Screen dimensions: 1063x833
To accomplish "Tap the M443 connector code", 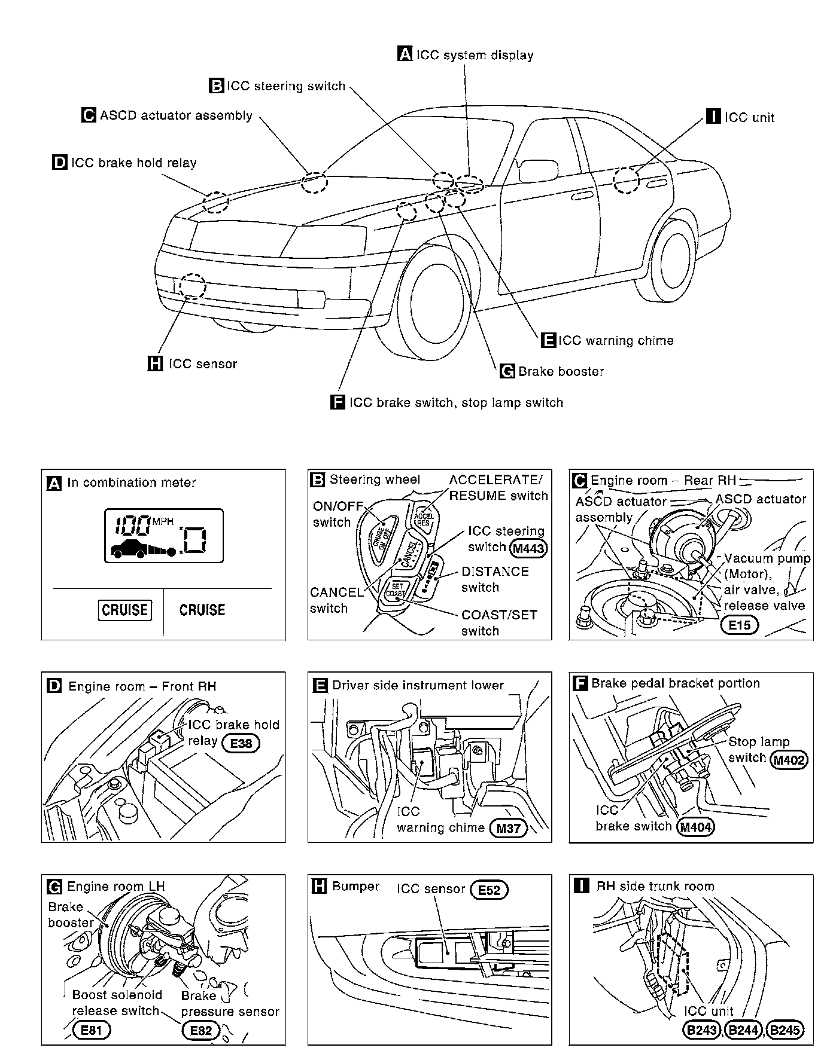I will pyautogui.click(x=530, y=548).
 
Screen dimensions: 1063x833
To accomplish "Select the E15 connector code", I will pyautogui.click(x=739, y=625).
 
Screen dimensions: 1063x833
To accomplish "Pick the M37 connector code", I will pyautogui.click(x=508, y=828).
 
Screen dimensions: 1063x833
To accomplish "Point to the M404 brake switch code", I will pyautogui.click(x=696, y=827).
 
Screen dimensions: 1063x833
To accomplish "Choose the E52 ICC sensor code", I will pyautogui.click(x=489, y=890).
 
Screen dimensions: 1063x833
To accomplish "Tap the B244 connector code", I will pyautogui.click(x=743, y=1030).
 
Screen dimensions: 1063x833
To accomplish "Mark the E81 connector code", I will pyautogui.click(x=92, y=1030).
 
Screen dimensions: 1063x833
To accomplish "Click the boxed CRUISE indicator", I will pyautogui.click(x=125, y=610).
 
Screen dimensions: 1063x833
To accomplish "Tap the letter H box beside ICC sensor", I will pyautogui.click(x=155, y=364).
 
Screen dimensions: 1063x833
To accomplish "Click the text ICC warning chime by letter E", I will pyautogui.click(x=616, y=341).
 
